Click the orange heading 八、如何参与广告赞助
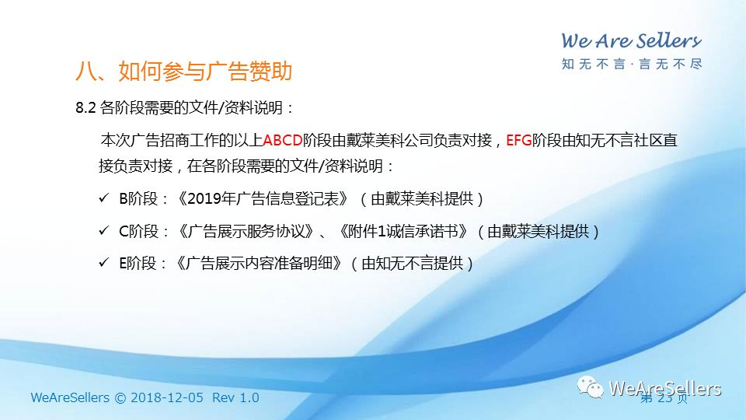183,72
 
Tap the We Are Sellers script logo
631,41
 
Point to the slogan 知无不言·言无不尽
631,64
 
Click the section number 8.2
85,107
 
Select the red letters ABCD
283,141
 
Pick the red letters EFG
518,141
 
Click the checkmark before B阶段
103,198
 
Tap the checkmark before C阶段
103,230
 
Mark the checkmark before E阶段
103,262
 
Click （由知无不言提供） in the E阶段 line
412,264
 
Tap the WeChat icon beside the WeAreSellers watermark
591,387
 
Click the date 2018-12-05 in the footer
166,397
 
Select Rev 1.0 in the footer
235,397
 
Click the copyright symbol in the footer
120,398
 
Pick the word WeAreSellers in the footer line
70,397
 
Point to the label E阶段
138,264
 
